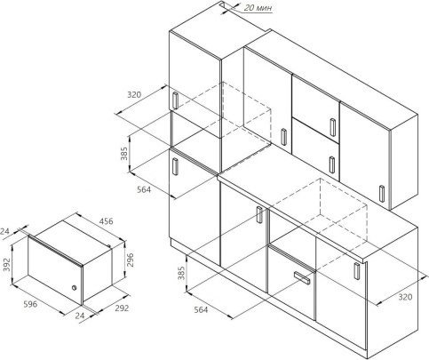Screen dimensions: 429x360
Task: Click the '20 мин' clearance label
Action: [x=258, y=8]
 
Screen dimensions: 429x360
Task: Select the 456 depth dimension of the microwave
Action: [x=106, y=221]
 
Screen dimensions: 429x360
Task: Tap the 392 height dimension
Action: [x=6, y=264]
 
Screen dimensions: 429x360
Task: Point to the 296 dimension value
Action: [x=130, y=260]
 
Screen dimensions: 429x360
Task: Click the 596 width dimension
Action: [x=30, y=304]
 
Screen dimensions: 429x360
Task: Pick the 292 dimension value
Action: [x=122, y=308]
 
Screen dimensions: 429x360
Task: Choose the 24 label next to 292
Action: [x=80, y=316]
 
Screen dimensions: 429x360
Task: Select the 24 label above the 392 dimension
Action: [x=4, y=231]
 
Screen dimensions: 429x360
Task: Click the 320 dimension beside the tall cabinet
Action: [x=134, y=95]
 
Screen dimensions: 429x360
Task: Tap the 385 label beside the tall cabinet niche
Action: [x=124, y=154]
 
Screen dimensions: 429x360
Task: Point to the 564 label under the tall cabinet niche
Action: [x=144, y=189]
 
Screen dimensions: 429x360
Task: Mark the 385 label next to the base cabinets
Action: [x=181, y=273]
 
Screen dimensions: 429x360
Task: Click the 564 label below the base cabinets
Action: [x=201, y=310]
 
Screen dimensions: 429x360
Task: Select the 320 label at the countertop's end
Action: [x=405, y=297]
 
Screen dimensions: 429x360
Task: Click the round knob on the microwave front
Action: [x=74, y=287]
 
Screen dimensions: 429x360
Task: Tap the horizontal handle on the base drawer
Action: [x=302, y=277]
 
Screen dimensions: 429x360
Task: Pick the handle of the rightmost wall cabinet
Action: [x=382, y=194]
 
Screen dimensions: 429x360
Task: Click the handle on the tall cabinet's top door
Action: [x=175, y=100]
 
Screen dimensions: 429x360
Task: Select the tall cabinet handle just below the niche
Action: [x=175, y=167]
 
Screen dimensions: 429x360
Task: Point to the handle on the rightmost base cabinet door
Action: [x=357, y=271]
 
